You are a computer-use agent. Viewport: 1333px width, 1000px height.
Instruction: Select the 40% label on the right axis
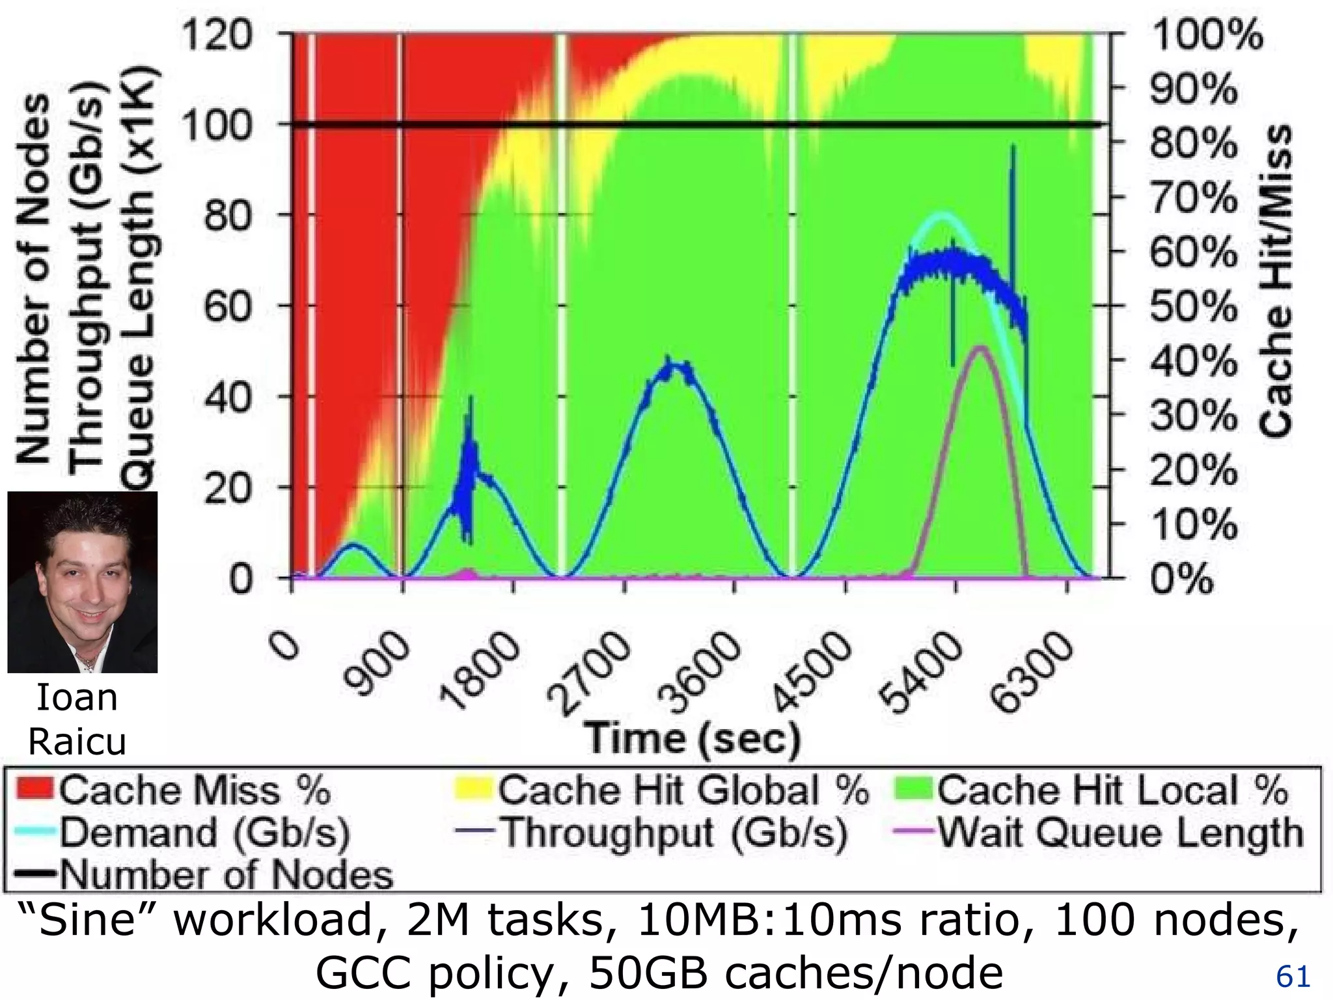click(1193, 360)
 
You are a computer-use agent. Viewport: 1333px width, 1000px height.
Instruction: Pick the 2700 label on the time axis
click(589, 674)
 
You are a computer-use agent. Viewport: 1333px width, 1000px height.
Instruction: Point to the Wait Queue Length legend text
click(1120, 831)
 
